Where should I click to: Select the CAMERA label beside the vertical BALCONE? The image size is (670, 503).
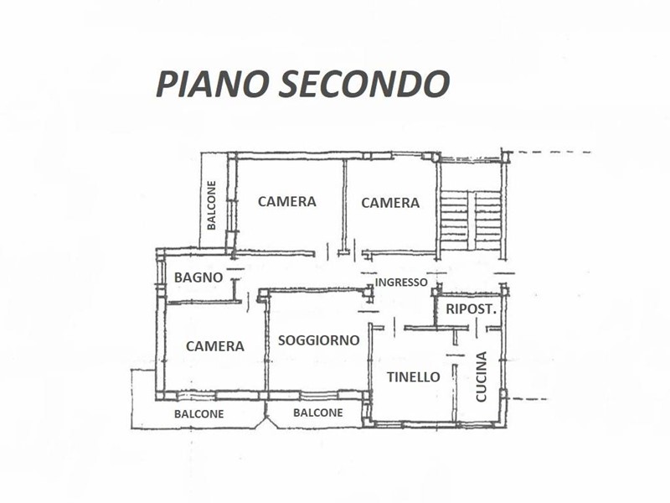coord(286,201)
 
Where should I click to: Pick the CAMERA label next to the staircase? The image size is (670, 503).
coord(389,202)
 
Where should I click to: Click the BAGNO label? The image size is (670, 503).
coord(198,277)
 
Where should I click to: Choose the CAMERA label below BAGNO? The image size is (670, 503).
coord(215,345)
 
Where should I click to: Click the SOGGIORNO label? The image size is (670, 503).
coord(318,340)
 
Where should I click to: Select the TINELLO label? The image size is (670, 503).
coord(413,377)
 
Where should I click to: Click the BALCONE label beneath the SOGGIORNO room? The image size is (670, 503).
coord(317,412)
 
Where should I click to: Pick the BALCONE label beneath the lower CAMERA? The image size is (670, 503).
coord(198,414)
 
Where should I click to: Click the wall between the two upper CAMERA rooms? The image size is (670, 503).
coord(344,205)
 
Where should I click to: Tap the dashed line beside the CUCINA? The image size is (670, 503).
coord(528,398)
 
